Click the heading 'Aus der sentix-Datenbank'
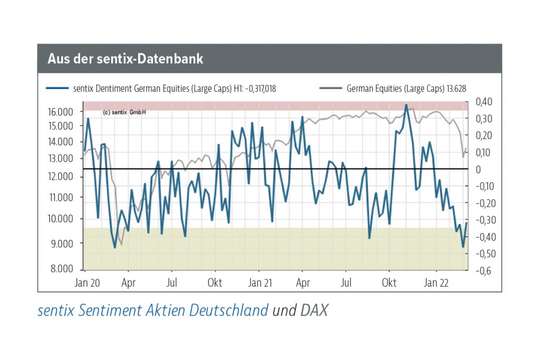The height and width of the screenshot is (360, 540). tap(126, 59)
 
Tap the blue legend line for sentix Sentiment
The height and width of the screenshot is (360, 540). tap(58, 89)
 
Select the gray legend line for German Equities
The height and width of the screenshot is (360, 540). tap(331, 89)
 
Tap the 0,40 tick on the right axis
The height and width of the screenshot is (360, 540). tap(485, 102)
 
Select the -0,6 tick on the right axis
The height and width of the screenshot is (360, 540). tap(484, 271)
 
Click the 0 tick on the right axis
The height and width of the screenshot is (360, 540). tap(479, 169)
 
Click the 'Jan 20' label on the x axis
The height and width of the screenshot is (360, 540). tap(88, 283)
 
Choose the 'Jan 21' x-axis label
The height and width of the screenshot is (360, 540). tap(260, 283)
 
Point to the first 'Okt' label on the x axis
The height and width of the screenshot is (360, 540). tap(215, 283)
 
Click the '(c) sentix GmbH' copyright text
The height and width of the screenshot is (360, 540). tap(124, 112)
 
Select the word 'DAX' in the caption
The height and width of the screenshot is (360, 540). tap(314, 310)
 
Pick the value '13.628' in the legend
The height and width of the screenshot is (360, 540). tap(455, 89)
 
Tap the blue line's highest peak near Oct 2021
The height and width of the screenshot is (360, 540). tap(406, 105)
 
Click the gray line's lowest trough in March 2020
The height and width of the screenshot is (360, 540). tap(121, 245)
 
